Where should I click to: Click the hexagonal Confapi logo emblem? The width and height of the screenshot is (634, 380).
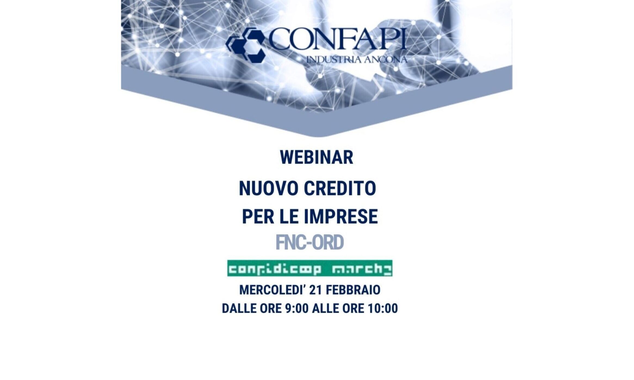point(246,45)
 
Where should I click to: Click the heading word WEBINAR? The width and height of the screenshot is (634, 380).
point(317,158)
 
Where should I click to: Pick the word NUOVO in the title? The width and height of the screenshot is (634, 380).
point(269,188)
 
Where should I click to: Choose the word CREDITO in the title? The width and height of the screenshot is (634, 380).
point(340,188)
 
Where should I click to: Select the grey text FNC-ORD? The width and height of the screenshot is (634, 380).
point(310,242)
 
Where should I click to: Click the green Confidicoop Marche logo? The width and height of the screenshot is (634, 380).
point(310,268)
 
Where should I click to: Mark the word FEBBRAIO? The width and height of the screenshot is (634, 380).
point(353,290)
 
